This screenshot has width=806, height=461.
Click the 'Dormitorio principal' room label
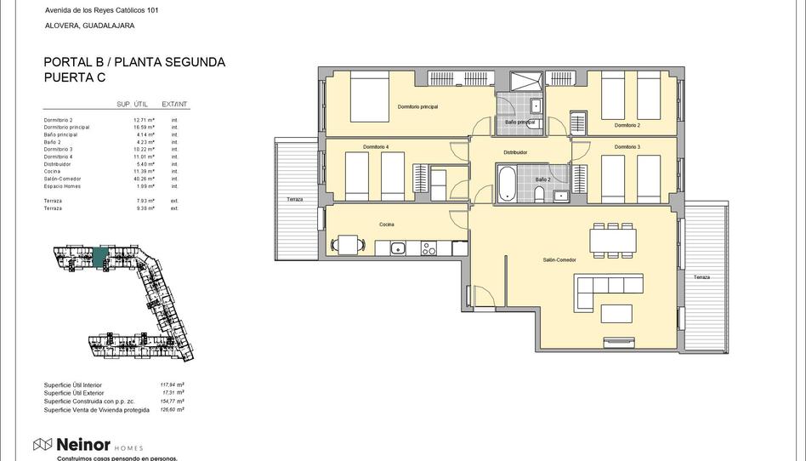417,106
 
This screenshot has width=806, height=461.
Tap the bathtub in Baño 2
507,182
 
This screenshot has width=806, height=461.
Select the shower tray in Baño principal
526,83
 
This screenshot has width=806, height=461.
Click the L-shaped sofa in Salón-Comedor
607,286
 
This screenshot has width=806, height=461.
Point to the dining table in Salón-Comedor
613,241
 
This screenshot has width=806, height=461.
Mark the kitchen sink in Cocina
398,248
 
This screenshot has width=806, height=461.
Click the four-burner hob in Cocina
429,248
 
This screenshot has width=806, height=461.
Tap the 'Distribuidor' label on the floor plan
515,152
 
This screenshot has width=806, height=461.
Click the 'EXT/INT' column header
174,104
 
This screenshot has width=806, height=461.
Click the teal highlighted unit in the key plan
100,255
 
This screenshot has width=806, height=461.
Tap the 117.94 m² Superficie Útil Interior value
172,384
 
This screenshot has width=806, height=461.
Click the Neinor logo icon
43,444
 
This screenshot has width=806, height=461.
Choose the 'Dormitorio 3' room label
627,147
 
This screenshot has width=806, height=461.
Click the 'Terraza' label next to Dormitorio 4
294,199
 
